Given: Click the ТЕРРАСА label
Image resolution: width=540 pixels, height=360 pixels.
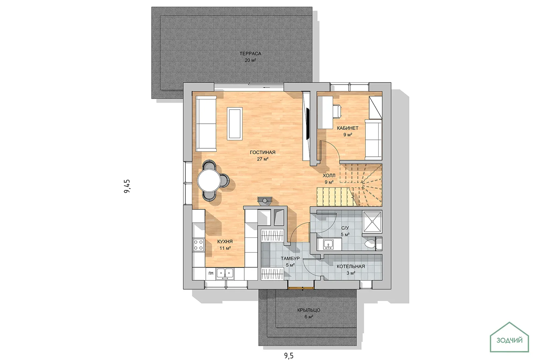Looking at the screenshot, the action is click(250, 54).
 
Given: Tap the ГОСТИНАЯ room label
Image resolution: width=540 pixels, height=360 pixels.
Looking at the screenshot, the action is click(263, 152).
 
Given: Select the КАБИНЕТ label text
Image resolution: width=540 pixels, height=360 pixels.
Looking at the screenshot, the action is click(348, 128).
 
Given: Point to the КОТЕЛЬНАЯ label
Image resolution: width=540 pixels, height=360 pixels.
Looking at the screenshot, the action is click(351, 266).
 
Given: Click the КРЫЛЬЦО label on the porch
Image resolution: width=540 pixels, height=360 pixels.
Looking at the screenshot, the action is click(309, 310).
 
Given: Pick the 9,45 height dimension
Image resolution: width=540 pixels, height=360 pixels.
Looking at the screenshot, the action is click(127, 186).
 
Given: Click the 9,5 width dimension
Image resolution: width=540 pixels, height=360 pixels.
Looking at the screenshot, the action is click(289, 356).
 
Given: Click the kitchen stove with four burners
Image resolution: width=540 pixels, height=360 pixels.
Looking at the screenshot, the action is click(198, 245).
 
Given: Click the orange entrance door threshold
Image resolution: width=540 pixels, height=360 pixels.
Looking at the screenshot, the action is click(301, 288).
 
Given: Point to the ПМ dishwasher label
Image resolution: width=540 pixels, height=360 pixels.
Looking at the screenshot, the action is click(211, 273).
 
